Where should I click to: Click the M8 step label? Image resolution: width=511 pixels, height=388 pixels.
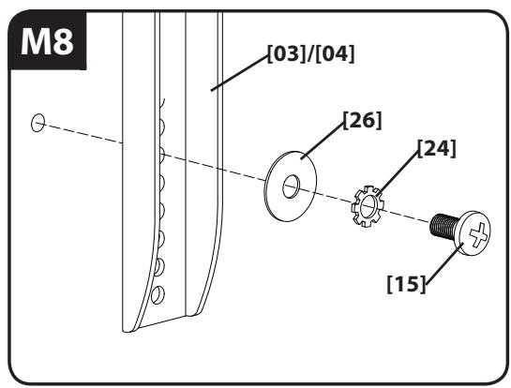click(x=47, y=41)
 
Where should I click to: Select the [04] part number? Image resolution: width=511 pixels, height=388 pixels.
click(x=335, y=53)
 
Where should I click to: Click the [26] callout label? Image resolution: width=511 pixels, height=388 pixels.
click(x=363, y=120)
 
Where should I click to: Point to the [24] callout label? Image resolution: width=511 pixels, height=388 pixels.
click(x=437, y=149)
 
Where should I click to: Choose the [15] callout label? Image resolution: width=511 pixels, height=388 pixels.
click(x=406, y=284)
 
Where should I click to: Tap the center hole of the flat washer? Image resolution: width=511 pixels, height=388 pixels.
click(x=291, y=187)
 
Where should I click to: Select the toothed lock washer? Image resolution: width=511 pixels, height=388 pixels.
click(x=368, y=206)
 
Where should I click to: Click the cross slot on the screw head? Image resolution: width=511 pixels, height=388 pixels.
click(x=479, y=234)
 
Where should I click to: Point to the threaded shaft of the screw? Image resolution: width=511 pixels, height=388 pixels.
click(x=443, y=226)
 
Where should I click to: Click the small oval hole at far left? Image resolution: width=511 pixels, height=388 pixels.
click(x=38, y=123)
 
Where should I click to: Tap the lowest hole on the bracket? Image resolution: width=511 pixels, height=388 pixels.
click(x=158, y=295)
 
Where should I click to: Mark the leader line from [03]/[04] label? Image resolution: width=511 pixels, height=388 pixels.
click(x=239, y=73)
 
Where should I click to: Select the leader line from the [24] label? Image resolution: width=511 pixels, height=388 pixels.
click(x=398, y=173)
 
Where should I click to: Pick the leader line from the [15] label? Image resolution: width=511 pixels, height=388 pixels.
click(x=444, y=263)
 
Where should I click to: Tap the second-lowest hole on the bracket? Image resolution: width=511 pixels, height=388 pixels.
click(x=159, y=266)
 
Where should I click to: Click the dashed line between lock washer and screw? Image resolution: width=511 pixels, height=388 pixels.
click(x=406, y=216)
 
